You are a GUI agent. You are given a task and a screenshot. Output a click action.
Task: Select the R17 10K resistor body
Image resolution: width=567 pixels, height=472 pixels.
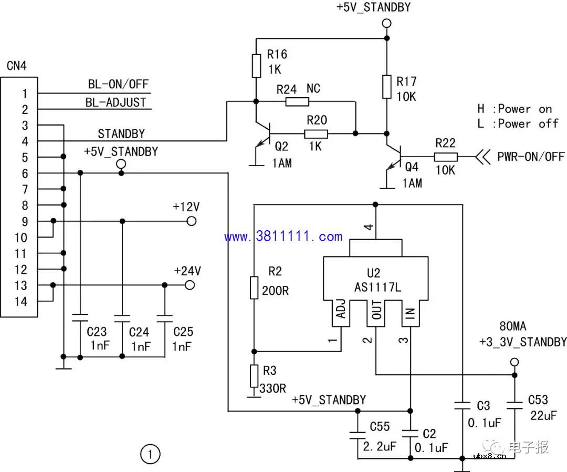pos(386,87)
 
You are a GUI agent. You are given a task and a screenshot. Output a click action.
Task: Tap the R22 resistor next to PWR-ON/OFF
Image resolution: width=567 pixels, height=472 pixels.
pos(446,157)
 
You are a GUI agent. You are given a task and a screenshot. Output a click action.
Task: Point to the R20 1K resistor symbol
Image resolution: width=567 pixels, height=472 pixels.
pos(316,134)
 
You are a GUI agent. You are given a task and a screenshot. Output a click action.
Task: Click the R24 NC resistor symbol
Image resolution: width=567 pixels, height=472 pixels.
pos(297,101)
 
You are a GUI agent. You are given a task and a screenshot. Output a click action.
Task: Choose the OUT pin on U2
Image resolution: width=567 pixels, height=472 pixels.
pos(376,314)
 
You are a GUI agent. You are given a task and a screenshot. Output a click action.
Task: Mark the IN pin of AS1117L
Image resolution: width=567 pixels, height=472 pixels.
pos(411,314)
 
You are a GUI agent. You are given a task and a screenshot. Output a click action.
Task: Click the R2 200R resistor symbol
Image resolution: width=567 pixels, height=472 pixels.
pos(254,287)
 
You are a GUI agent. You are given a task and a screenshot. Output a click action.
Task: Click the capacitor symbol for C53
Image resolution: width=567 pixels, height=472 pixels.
pos(514,405)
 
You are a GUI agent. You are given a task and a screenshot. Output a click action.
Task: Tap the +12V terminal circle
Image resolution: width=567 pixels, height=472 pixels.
pos(192,221)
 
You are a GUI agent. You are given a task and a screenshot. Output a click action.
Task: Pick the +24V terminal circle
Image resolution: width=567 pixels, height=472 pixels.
pos(190,285)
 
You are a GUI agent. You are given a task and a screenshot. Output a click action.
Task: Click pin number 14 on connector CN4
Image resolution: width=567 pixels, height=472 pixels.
pos(20,302)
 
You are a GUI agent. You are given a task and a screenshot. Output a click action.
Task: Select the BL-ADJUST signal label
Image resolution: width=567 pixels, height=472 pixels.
pos(116,102)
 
